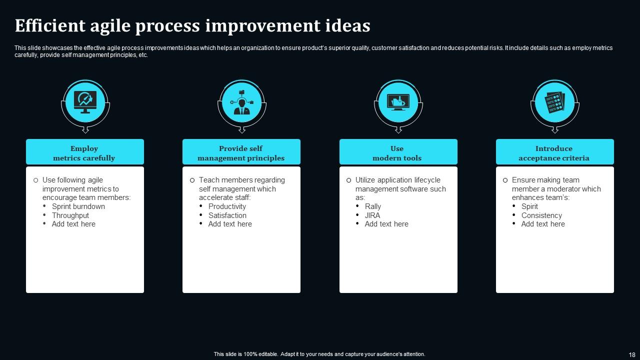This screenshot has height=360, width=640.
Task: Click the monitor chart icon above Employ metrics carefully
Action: click(85, 102)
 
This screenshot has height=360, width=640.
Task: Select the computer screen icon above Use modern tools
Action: click(398, 102)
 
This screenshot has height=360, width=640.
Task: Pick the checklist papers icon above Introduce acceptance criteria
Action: click(554, 102)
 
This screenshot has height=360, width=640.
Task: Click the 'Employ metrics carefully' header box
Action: click(84, 152)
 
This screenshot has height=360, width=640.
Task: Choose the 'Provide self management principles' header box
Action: click(241, 152)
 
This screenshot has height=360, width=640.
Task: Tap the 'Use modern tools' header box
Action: click(397, 152)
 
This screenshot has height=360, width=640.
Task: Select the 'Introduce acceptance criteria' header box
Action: click(554, 152)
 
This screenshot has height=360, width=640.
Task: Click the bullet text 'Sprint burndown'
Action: click(78, 206)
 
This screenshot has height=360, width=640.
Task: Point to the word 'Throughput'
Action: click(70, 215)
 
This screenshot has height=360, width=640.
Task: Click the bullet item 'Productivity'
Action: click(227, 206)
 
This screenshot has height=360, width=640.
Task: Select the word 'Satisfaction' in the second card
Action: click(227, 215)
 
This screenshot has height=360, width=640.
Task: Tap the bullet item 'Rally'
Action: click(373, 206)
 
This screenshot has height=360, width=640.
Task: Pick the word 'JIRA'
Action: click(372, 215)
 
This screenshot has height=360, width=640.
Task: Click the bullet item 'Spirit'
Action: click(529, 206)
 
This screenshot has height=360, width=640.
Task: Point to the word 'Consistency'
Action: click(541, 215)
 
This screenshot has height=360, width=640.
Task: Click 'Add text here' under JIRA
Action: click(386, 224)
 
